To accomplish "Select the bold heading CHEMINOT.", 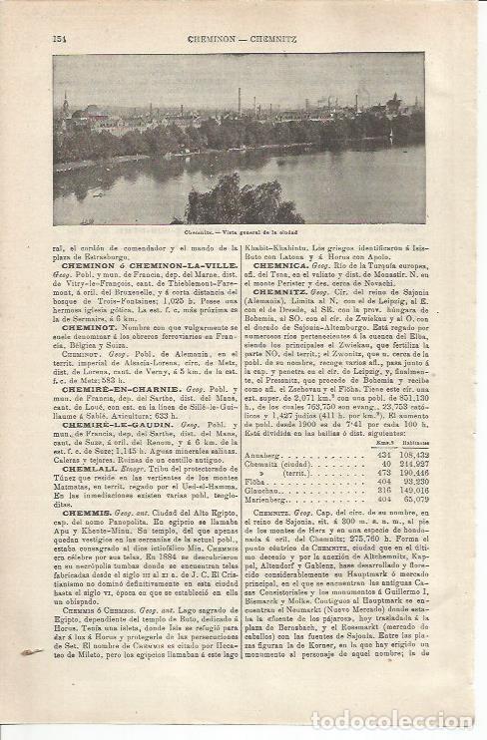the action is point(91,327).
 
